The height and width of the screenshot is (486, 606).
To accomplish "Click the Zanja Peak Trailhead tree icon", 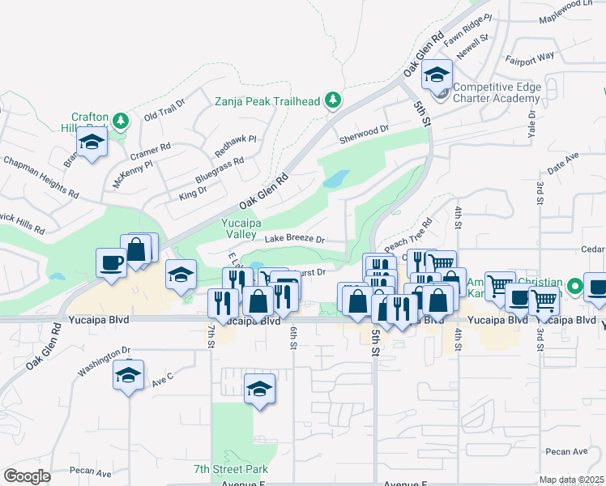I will [x=332, y=100].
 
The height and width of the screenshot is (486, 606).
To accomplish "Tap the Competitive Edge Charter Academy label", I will [x=496, y=92].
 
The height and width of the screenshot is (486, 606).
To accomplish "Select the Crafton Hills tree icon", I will [x=121, y=122].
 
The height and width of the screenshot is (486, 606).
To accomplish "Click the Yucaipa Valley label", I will [x=240, y=228].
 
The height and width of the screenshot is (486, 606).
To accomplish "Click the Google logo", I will [x=27, y=476].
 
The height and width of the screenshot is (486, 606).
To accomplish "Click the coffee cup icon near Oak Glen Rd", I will [x=110, y=262].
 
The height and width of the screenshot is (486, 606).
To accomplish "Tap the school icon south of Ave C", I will [x=259, y=390].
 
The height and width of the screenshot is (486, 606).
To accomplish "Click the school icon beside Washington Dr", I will [x=128, y=375].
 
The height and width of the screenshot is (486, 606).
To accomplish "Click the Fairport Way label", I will [x=530, y=57].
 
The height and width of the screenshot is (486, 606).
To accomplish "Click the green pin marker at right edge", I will [x=574, y=286].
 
